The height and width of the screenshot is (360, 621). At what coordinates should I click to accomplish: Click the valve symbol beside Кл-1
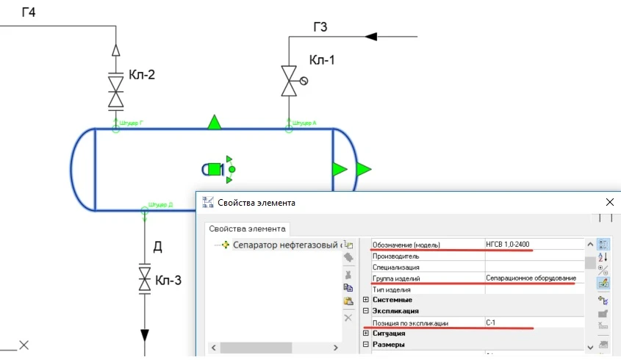[288, 81]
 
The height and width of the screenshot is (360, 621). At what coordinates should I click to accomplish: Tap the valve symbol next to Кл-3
[144, 280]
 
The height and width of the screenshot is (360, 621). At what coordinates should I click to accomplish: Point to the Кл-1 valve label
[322, 60]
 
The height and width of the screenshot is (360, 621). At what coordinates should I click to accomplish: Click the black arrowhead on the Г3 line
[371, 35]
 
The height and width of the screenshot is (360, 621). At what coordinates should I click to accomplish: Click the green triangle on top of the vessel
[214, 122]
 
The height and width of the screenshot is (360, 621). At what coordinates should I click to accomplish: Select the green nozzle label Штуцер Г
[131, 123]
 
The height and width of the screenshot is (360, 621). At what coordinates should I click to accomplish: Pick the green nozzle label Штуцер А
[304, 123]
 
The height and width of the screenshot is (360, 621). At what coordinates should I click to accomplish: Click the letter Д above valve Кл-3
[157, 247]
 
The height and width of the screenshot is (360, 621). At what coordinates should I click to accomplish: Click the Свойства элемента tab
[246, 228]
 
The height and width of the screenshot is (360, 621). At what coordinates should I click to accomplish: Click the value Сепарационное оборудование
[531, 278]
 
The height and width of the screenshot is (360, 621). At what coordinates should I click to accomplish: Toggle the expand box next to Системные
[366, 300]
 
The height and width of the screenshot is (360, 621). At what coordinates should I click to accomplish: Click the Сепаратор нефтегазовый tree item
[287, 245]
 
